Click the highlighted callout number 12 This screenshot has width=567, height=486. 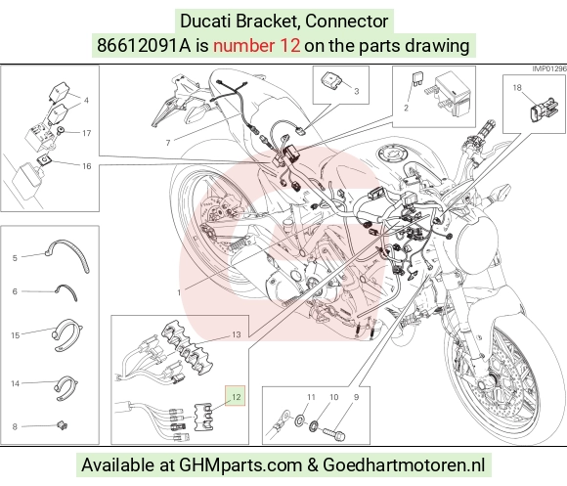236,397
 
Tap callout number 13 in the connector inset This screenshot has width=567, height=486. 237,334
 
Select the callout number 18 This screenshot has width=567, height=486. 517,87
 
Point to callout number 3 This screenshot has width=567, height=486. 357,91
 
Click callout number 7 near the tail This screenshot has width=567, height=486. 168,143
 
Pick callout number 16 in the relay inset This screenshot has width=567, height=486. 87,166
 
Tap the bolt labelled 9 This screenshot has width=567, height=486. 333,433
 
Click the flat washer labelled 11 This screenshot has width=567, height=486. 300,420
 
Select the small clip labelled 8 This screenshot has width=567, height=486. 63,425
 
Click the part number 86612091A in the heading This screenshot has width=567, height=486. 144,46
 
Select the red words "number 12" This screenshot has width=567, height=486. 256,46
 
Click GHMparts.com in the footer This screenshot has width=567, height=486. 240,465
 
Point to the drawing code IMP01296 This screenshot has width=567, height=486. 549,68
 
